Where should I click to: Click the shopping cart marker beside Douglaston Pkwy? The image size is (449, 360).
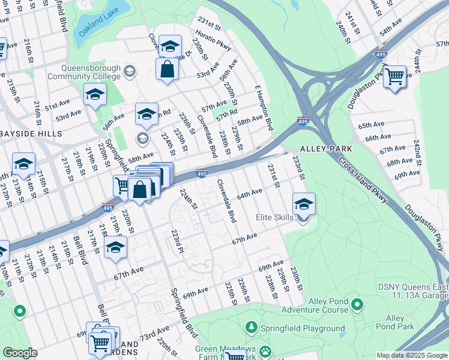click(x=394, y=76)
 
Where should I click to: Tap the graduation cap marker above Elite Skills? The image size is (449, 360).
click(x=304, y=203)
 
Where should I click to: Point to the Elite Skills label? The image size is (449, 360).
click(x=274, y=218)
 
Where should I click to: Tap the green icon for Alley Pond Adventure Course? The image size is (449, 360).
click(x=357, y=305)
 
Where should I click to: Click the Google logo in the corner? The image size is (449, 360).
click(x=20, y=353)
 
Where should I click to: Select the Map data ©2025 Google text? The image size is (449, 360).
click(x=412, y=355)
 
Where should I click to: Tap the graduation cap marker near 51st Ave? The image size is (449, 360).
click(x=95, y=94)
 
